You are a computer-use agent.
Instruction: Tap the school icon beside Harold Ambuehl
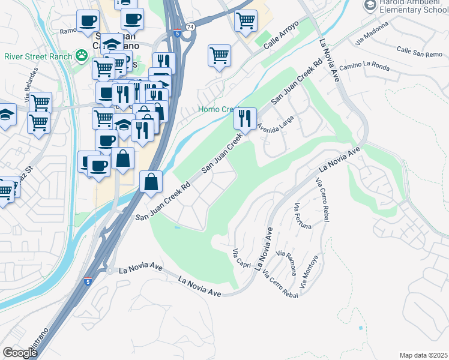point(369,5)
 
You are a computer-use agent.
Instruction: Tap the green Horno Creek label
point(219,110)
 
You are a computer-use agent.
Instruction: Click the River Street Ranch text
point(37,57)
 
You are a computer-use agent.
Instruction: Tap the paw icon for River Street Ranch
point(81,56)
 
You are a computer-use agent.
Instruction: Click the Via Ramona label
point(287,262)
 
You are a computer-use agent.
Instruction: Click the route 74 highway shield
point(190,27)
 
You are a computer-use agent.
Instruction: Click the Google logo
point(19,353)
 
